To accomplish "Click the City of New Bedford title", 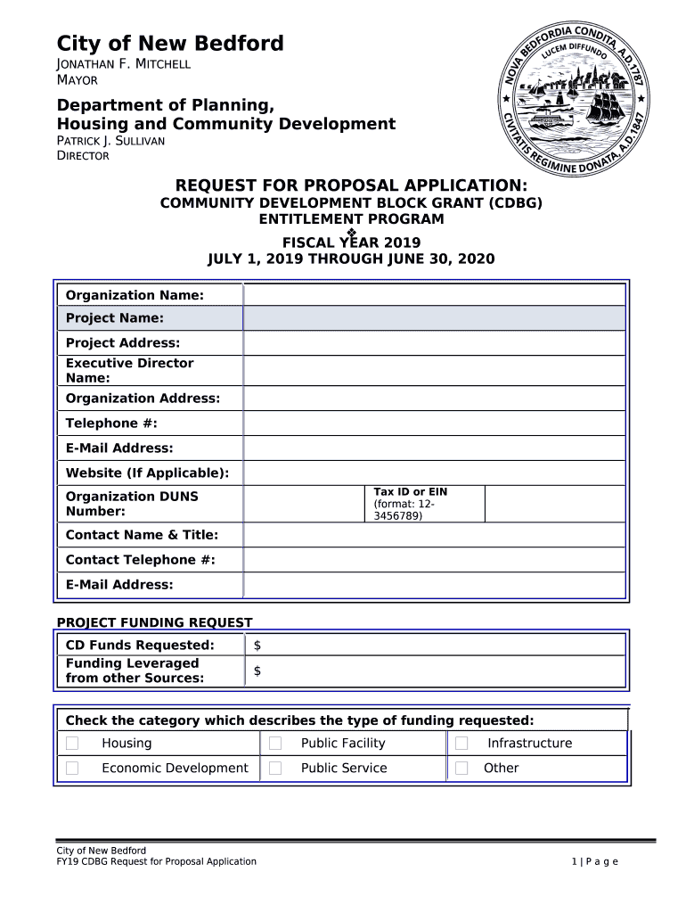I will [x=170, y=43].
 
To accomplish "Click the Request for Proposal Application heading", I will [x=351, y=185].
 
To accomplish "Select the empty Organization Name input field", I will [x=434, y=295].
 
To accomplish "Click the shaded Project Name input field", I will [x=434, y=318].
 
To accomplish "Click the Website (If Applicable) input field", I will [x=434, y=473].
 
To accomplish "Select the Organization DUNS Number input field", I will [x=303, y=504].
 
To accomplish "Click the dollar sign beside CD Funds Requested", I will [x=257, y=645].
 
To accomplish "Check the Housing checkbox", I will [x=72, y=744].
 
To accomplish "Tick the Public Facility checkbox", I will [x=275, y=744].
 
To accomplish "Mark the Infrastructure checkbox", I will [x=461, y=744].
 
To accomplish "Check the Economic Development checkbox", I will [x=72, y=768].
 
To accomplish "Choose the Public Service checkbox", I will [x=275, y=768].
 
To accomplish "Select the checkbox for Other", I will [x=461, y=768].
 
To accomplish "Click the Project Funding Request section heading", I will [x=155, y=622].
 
